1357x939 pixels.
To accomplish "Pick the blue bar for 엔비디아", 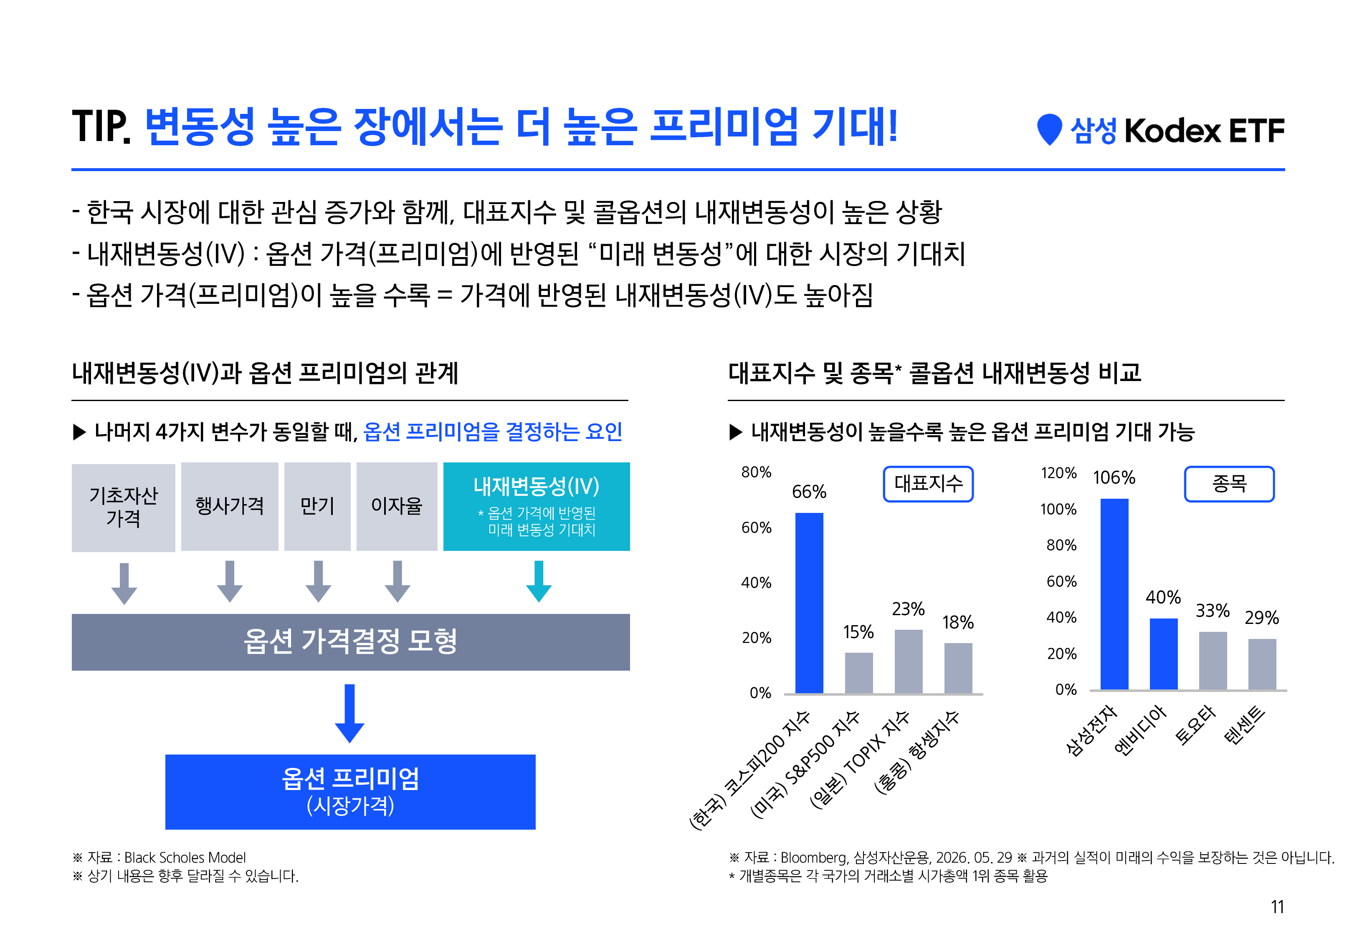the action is coord(1163,654).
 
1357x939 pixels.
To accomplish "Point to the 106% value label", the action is coord(1114,477).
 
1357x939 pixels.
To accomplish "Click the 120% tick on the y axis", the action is coord(1058,473).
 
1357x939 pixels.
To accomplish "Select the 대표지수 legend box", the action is coord(928,484).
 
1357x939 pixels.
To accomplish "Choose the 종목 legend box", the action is coord(1229,484).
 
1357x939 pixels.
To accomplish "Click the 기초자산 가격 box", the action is coord(124,507).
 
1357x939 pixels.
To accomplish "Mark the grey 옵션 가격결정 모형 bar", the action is coord(351,642).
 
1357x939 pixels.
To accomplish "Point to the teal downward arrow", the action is coord(539,581).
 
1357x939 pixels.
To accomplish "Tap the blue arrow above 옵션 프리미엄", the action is coord(349,713).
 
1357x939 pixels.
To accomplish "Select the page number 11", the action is coord(1277,906).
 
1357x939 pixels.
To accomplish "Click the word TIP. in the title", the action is coord(101,126).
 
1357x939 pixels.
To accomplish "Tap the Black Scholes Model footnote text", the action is coord(185,857).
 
